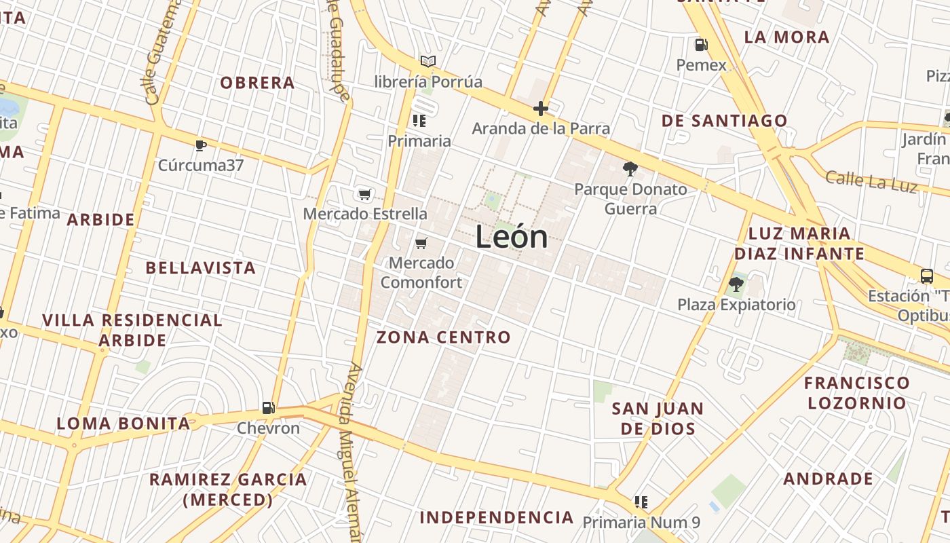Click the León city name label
coord(512,237)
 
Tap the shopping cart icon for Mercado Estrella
coord(364,195)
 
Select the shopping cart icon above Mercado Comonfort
coord(421,243)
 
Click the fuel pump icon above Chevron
coord(269,408)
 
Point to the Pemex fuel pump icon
coord(701,45)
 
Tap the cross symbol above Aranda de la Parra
coord(541,108)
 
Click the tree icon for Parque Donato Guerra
coord(630,168)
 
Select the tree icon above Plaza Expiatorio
coord(736,284)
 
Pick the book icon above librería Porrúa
coord(427,62)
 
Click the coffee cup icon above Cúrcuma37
coord(200,145)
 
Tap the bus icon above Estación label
coord(927,276)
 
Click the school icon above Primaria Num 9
coord(641,502)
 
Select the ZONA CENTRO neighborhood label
coord(443,337)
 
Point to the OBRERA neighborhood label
coord(257,83)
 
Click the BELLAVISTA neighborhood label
coord(201,267)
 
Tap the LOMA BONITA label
coord(123,424)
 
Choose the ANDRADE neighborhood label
coord(829,479)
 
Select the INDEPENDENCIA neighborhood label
coord(497,517)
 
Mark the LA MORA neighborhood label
coord(787,37)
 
